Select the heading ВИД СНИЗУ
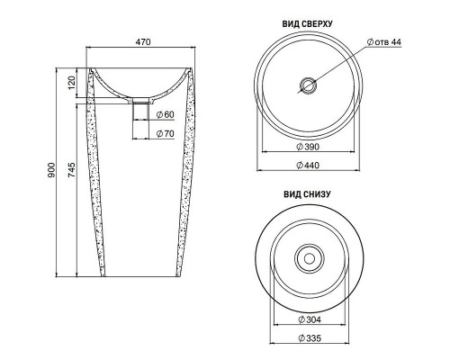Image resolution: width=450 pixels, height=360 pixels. click(x=309, y=193)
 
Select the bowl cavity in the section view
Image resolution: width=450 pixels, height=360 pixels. click(x=141, y=81)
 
